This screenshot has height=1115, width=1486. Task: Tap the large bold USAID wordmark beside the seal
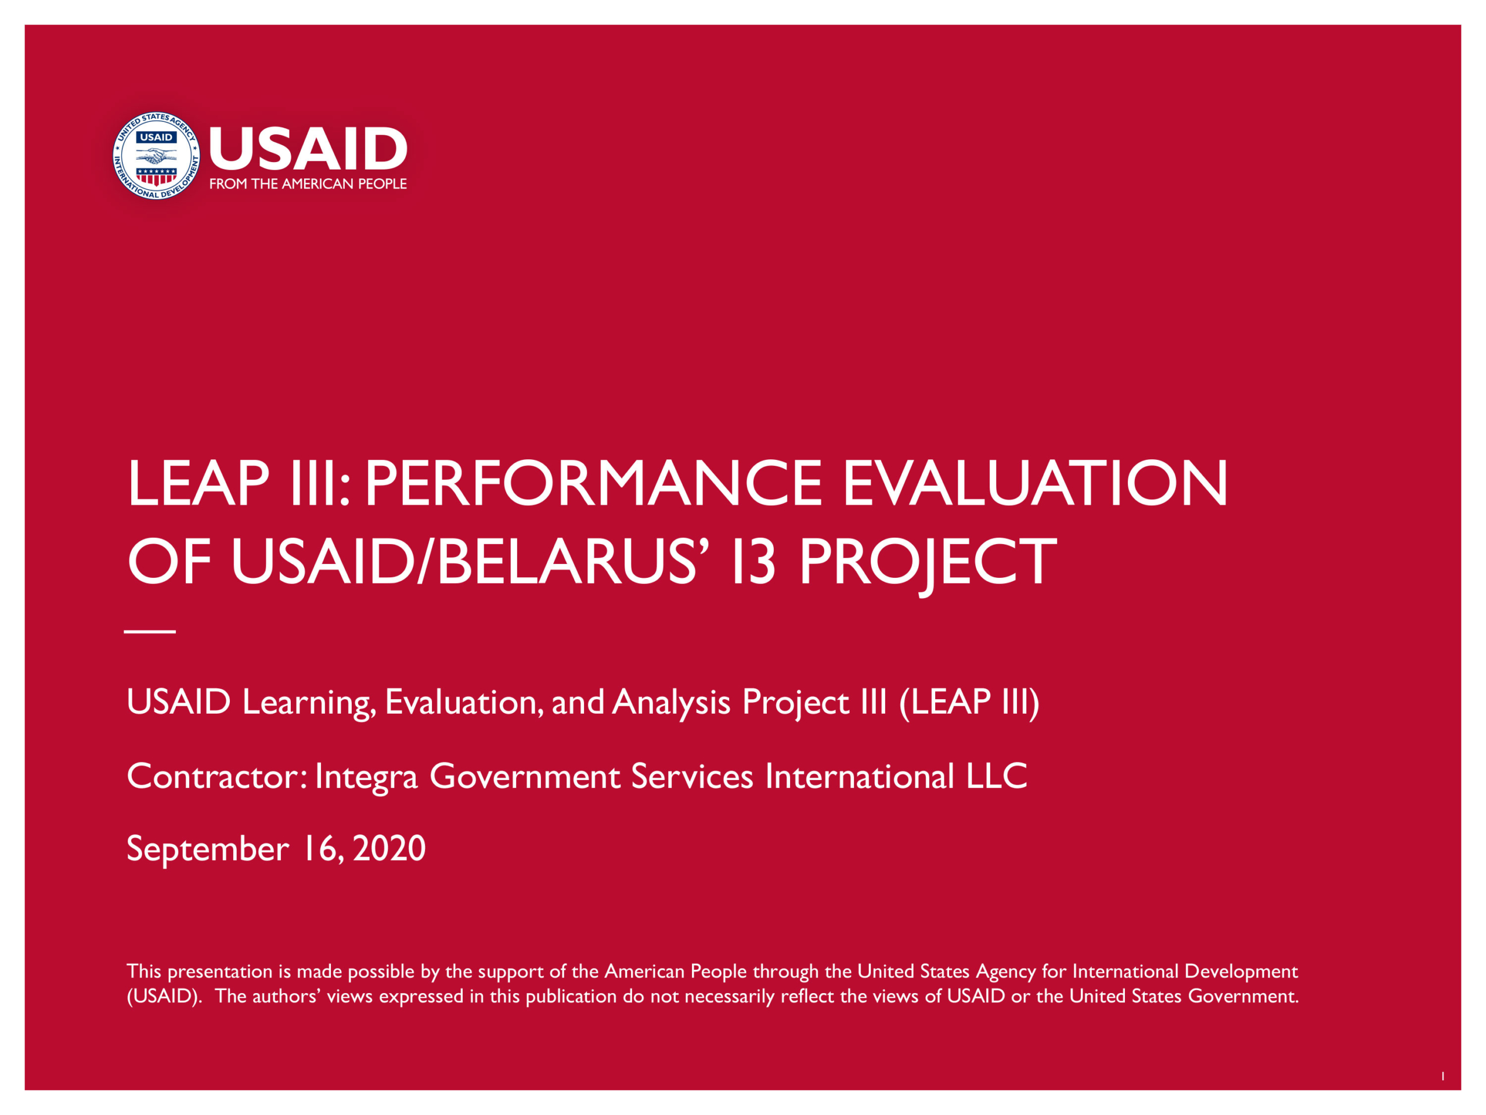coord(308,149)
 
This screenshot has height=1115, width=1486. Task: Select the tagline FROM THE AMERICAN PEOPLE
coord(308,184)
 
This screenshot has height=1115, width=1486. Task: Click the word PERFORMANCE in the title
coord(593,483)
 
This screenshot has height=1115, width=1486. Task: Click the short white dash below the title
coord(150,632)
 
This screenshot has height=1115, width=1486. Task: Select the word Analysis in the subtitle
coord(671,703)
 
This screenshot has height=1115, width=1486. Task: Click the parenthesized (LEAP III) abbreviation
coord(969,703)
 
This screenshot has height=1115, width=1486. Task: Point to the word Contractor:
coord(218,776)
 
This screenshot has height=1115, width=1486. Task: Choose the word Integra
coord(367,778)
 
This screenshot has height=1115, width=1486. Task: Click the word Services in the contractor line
coord(692,776)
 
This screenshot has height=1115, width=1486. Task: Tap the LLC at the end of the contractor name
coord(997,776)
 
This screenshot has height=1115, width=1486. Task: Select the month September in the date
coord(208,850)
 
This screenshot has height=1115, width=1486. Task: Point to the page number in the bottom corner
coord(1443,1076)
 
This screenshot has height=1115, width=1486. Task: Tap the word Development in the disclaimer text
coord(1241,972)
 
